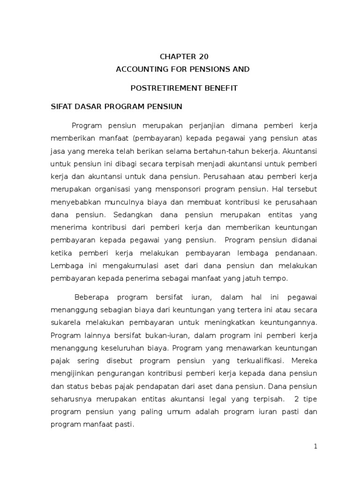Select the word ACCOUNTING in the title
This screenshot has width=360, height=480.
click(x=137, y=69)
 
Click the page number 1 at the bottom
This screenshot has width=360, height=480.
click(x=316, y=446)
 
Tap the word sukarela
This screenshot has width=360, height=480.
click(x=65, y=323)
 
